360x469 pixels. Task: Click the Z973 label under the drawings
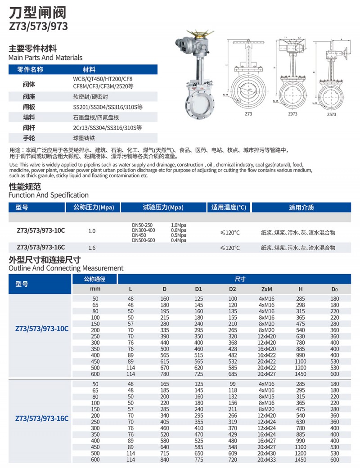coord(292,115)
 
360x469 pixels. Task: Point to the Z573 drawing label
coord(332,115)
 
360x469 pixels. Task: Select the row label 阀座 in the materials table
coord(29,96)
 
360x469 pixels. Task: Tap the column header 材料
coord(89,70)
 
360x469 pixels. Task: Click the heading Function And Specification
coord(49,195)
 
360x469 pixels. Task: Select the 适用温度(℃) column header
coord(229,207)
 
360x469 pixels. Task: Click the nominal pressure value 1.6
coord(92,248)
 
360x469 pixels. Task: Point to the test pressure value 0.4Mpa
coord(179,240)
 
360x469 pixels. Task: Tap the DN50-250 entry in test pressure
coord(142,225)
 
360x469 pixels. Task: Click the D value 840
coord(164,460)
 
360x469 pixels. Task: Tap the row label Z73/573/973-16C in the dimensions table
coord(42,419)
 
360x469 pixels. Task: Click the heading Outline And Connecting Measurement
coord(66,268)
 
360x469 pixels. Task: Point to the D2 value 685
coord(232,374)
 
